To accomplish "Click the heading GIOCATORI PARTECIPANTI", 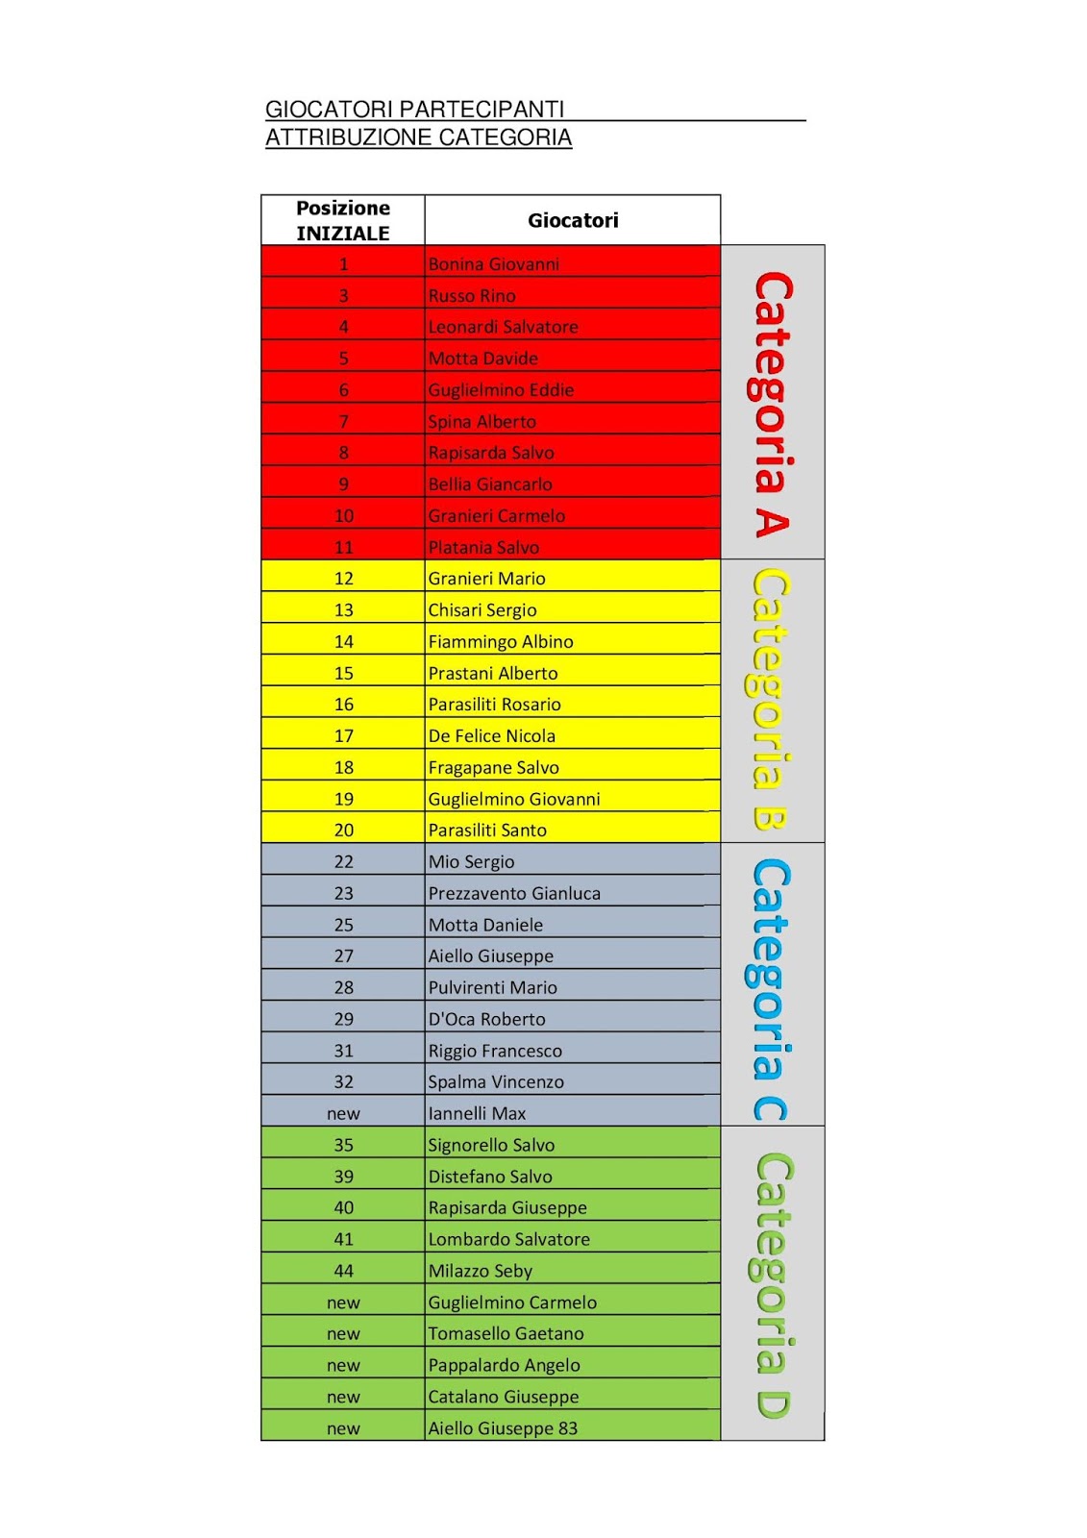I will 414,110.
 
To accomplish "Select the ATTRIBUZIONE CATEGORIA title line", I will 418,137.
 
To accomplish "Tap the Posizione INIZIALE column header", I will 343,220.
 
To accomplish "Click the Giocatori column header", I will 573,220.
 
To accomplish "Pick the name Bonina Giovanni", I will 493,264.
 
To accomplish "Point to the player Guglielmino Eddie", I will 501,390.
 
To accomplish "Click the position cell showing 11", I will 343,547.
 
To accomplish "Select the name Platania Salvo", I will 483,547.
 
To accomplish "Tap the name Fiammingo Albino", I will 501,641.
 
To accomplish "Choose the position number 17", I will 343,735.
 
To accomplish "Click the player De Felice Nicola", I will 492,735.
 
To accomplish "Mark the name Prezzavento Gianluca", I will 514,893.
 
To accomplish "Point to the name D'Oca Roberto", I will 486,1019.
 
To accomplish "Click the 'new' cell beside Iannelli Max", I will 343,1113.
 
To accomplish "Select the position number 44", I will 343,1271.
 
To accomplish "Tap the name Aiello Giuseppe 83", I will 503,1428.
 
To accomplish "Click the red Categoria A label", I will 772,404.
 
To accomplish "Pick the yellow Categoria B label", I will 772,700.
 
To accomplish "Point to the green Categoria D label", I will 772,1285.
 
